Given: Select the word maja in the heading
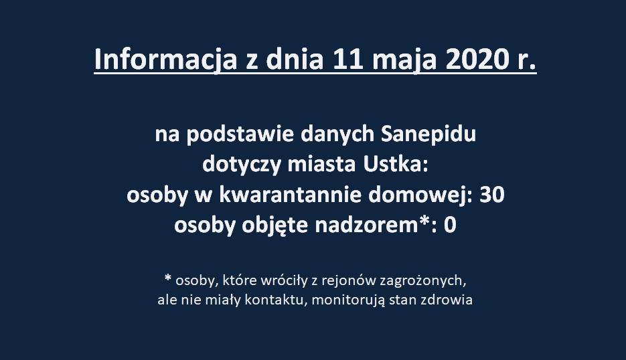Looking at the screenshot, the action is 404,61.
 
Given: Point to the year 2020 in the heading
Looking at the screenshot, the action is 473,59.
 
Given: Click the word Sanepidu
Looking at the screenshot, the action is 428,135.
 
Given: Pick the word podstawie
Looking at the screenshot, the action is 240,135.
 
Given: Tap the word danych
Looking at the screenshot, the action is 337,135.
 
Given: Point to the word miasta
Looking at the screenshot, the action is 321,165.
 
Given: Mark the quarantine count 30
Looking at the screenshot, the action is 492,195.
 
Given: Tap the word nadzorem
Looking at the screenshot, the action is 366,225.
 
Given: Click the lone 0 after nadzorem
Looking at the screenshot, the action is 450,226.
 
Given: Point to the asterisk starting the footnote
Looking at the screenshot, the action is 167,278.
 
